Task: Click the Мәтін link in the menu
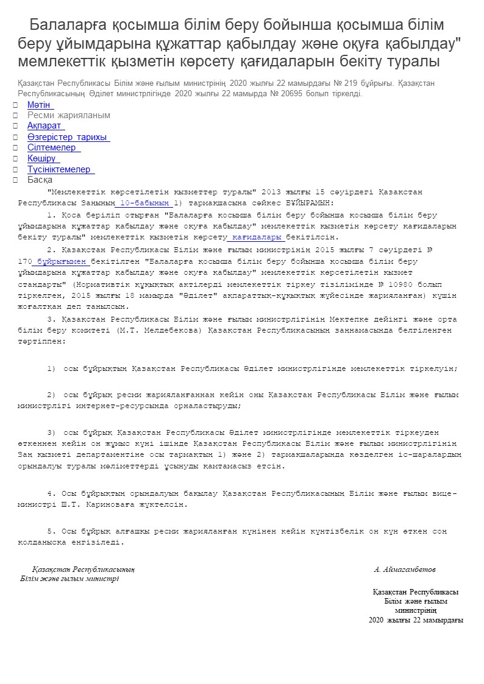coord(40,105)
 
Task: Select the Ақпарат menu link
coord(45,126)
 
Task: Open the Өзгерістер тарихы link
coord(68,137)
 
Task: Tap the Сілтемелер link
coord(52,147)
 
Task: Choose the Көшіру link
coord(43,158)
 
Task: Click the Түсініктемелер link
coord(60,169)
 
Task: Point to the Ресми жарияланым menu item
coord(68,115)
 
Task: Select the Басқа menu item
coord(40,180)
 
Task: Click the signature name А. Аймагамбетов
coord(405,569)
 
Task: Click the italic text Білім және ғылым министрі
coord(69,579)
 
